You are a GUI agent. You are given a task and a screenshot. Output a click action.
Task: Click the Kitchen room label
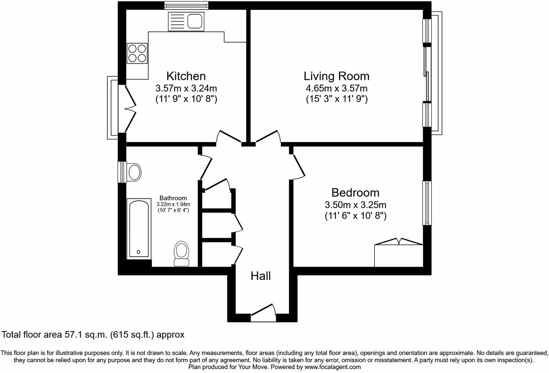click(x=186, y=76)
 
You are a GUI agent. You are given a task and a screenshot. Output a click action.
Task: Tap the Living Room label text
click(x=336, y=76)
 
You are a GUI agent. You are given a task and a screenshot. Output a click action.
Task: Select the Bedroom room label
click(x=355, y=192)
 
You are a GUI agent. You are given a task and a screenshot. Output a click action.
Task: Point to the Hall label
click(x=260, y=276)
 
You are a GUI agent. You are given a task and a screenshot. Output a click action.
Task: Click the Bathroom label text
click(x=173, y=198)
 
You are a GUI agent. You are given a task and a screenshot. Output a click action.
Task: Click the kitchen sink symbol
click(x=186, y=21)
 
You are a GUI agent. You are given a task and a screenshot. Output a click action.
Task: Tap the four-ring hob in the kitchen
click(x=137, y=53)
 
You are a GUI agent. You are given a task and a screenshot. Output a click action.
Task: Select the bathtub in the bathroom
click(x=138, y=228)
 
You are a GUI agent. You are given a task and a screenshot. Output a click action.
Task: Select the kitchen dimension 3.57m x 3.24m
click(x=186, y=88)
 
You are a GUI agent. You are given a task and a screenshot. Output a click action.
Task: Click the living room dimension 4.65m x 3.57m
click(x=336, y=88)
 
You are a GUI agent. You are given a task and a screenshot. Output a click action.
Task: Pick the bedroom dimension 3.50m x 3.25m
click(x=355, y=205)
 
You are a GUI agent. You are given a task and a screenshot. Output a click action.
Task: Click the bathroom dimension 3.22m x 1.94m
click(x=173, y=204)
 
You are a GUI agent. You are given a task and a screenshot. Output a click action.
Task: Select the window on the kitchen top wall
click(x=186, y=5)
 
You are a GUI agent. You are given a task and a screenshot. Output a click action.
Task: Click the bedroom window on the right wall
click(x=427, y=203)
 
